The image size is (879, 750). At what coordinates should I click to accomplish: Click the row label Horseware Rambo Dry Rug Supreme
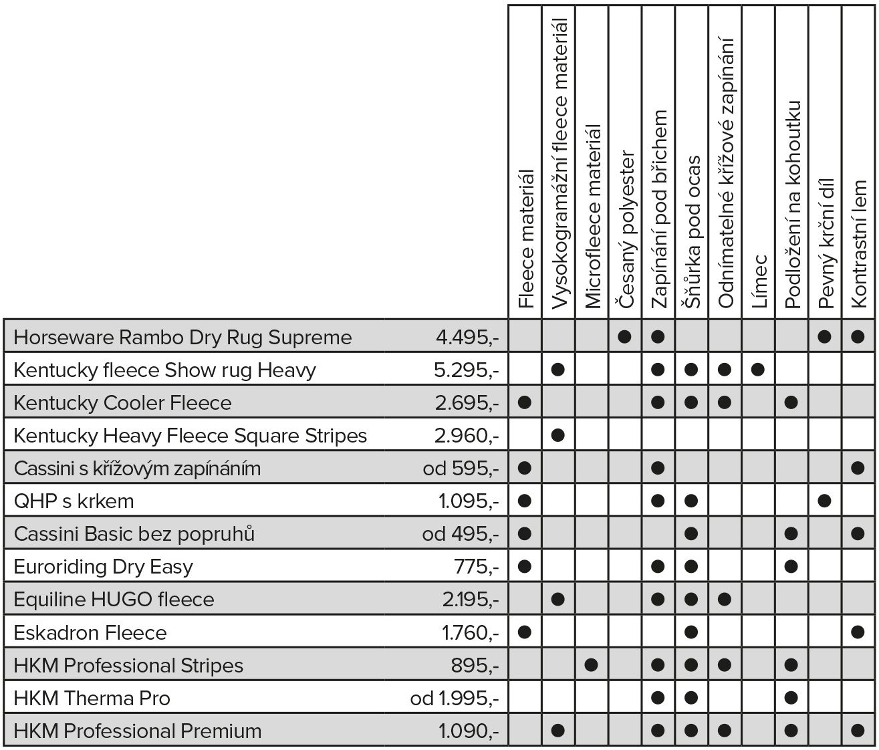[182, 337]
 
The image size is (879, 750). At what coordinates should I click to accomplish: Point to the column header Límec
[759, 281]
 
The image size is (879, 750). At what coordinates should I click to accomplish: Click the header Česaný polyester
[626, 230]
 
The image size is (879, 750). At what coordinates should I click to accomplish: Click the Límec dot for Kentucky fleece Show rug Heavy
[758, 369]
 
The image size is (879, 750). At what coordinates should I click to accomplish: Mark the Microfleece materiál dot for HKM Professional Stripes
[592, 665]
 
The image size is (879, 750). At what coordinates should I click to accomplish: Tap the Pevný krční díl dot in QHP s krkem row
[825, 500]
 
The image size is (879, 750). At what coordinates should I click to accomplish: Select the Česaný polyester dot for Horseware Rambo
[625, 336]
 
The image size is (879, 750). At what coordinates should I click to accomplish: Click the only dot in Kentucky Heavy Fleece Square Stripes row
[559, 435]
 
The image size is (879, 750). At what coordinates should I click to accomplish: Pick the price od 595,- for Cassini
[461, 468]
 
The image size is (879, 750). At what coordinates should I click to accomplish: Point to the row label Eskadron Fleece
[90, 632]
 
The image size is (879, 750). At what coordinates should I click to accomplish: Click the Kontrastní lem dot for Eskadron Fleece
[858, 632]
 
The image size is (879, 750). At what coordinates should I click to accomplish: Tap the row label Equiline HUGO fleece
[114, 600]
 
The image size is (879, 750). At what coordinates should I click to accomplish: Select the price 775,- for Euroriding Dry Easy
[476, 567]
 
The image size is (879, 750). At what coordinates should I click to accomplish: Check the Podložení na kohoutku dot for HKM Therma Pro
[791, 698]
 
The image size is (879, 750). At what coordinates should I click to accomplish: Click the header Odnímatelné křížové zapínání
[726, 174]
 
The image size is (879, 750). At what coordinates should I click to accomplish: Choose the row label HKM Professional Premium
[138, 731]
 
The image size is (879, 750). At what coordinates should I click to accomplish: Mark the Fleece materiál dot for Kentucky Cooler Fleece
[525, 402]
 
